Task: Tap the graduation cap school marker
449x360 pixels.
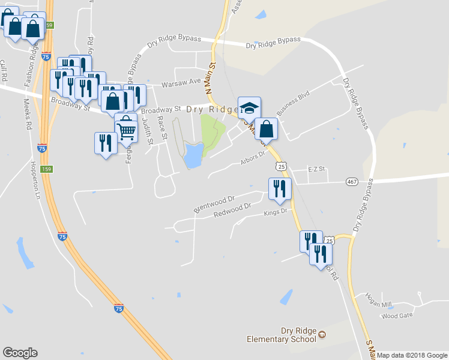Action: [249, 108]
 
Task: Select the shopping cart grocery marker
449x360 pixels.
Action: [125, 128]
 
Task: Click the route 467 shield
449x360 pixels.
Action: [352, 181]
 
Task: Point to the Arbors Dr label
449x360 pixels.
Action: [253, 157]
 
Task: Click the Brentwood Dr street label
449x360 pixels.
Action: [214, 203]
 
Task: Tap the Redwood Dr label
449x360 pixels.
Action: [232, 211]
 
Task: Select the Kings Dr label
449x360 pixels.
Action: [277, 212]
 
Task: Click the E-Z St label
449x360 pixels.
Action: [316, 169]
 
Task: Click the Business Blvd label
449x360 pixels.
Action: [292, 103]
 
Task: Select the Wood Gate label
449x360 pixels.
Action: [397, 315]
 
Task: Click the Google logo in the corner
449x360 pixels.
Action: [20, 353]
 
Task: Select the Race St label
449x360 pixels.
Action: [160, 126]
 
